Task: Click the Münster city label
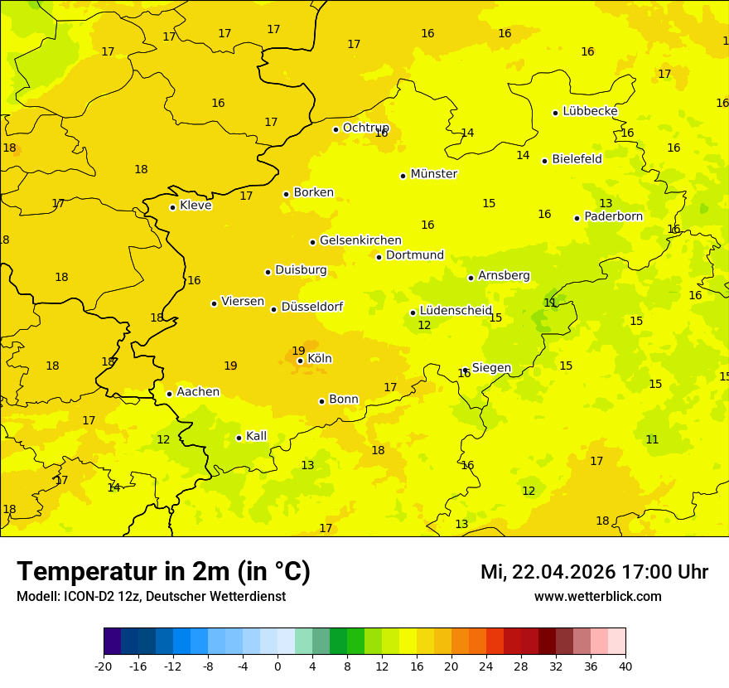(433, 174)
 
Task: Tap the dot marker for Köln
(300, 361)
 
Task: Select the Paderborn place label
(613, 216)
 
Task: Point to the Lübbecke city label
(590, 111)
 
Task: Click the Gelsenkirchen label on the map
(360, 240)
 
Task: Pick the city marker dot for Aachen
(169, 394)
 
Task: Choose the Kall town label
(256, 436)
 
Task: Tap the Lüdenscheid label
(456, 311)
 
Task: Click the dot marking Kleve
(172, 207)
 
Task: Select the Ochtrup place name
(365, 128)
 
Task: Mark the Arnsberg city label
(504, 275)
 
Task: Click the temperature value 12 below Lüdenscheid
(424, 326)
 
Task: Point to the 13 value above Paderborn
(606, 203)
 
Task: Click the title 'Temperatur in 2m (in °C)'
(163, 571)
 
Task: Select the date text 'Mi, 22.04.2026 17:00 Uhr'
(594, 572)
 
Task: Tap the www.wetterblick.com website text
(597, 597)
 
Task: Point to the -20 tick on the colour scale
(104, 666)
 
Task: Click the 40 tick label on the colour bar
(625, 666)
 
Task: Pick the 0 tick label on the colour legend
(278, 666)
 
